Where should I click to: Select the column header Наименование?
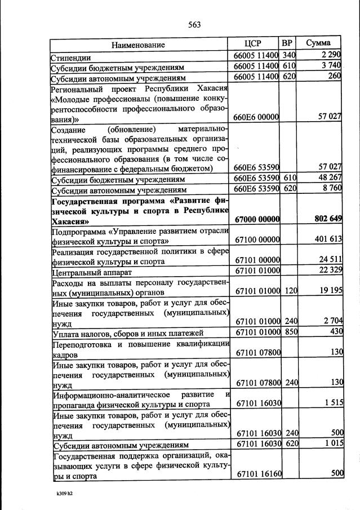(138, 45)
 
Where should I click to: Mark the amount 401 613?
(328, 239)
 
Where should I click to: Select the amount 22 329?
(328, 270)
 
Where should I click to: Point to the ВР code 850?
(288, 331)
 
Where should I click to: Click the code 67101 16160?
(257, 473)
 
